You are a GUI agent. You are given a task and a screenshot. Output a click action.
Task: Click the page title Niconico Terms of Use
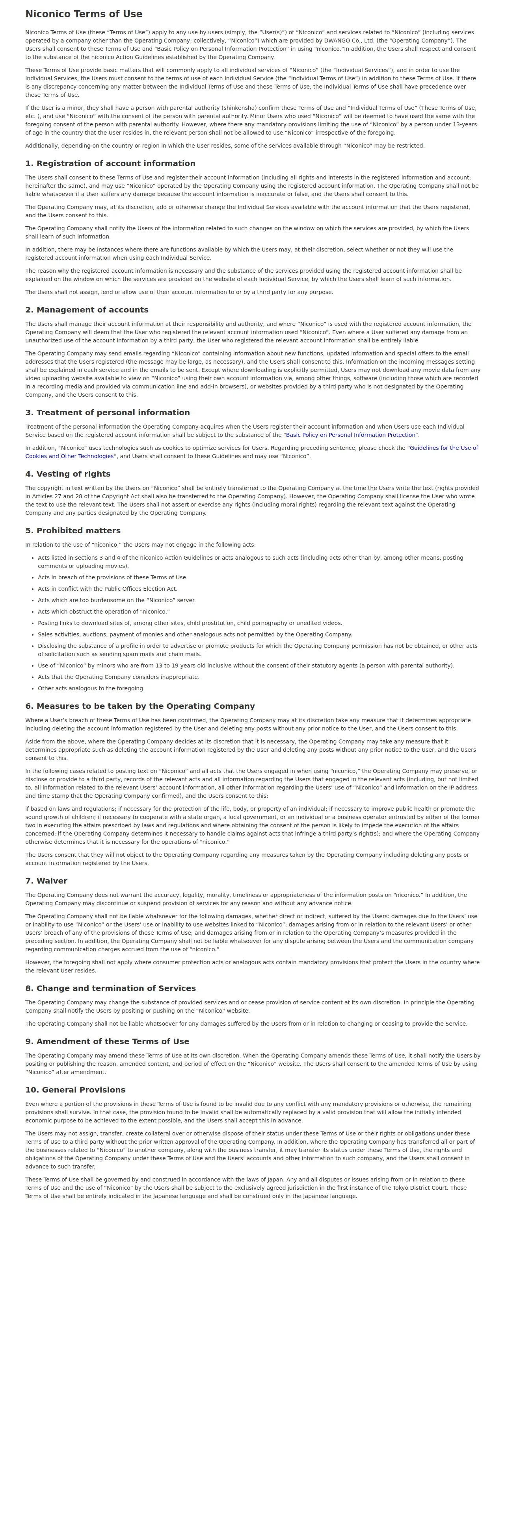pyautogui.click(x=84, y=14)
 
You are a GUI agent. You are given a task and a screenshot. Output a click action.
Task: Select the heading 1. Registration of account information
pyautogui.click(x=110, y=164)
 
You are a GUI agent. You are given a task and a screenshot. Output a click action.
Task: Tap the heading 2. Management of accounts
pyautogui.click(x=87, y=310)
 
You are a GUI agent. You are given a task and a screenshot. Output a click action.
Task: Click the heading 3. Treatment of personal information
pyautogui.click(x=107, y=412)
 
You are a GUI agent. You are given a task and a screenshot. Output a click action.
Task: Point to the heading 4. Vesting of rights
pyautogui.click(x=68, y=474)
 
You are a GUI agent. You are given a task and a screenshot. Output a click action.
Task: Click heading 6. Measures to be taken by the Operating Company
pyautogui.click(x=140, y=706)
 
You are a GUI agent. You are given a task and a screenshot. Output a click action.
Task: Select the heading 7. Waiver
pyautogui.click(x=46, y=881)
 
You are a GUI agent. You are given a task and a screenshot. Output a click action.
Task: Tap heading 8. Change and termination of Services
pyautogui.click(x=110, y=988)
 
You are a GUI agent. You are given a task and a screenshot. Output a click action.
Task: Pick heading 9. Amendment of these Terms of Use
pyautogui.click(x=107, y=1041)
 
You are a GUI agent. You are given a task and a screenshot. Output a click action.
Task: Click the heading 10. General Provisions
pyautogui.click(x=75, y=1090)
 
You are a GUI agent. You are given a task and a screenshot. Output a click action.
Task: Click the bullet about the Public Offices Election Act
pyautogui.click(x=107, y=588)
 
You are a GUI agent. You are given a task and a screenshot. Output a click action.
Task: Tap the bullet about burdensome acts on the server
pyautogui.click(x=117, y=600)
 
